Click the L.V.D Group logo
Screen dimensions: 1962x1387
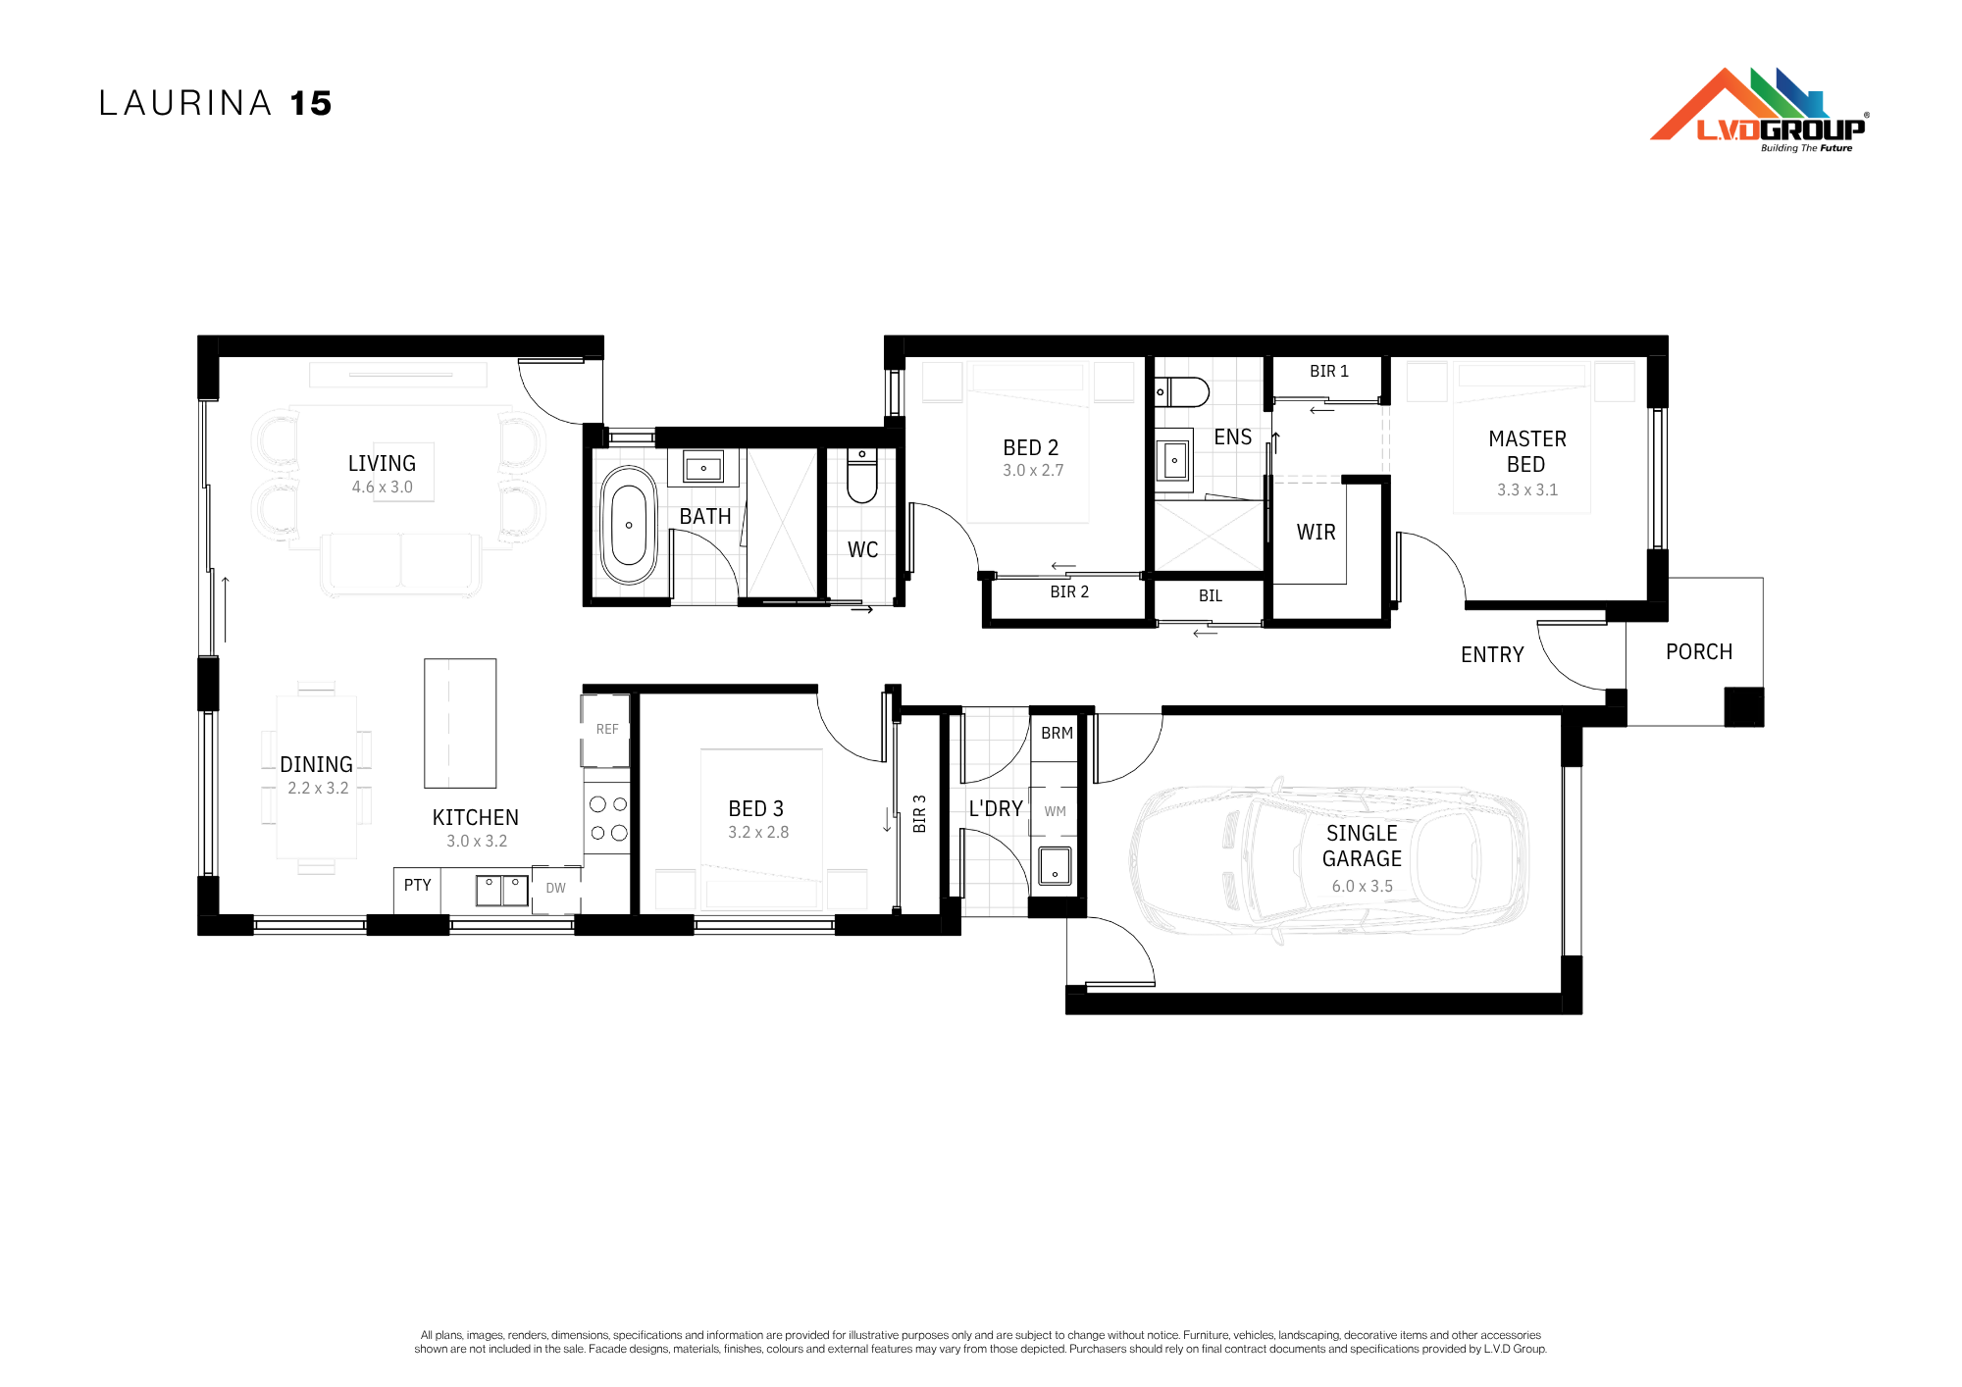1759,110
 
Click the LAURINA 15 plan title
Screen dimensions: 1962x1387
216,103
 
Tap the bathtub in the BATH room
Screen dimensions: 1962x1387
629,526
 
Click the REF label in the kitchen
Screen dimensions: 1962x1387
607,729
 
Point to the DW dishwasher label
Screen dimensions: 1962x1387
556,888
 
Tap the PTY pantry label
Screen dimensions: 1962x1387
418,885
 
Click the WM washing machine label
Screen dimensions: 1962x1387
1056,811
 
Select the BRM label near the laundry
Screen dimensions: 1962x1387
1058,733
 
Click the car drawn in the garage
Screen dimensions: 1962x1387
1329,860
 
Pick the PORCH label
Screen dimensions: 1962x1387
1699,651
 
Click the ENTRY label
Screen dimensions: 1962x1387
1492,654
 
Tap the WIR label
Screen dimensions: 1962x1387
1316,532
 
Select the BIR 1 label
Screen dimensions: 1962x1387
1329,371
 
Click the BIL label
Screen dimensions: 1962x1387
1211,595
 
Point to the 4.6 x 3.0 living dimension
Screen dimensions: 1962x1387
383,487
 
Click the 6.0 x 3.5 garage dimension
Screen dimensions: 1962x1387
1362,886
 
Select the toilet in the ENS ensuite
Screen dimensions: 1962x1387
1182,391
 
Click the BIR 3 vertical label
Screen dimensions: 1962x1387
919,814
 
